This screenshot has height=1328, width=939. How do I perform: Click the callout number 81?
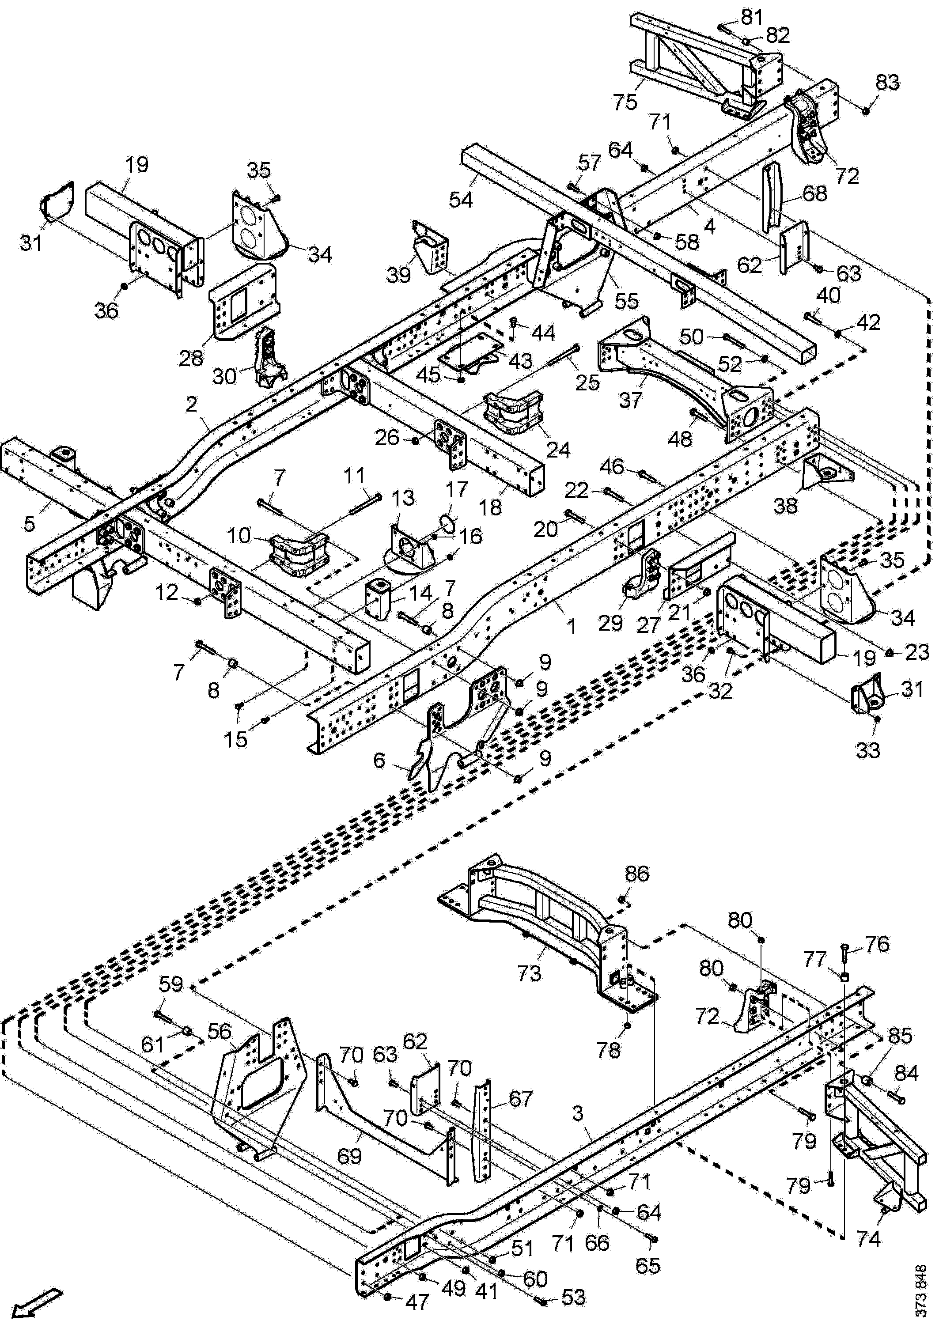(752, 17)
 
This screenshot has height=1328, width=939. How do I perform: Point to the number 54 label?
(461, 200)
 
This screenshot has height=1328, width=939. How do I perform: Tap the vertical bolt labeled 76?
(844, 949)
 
